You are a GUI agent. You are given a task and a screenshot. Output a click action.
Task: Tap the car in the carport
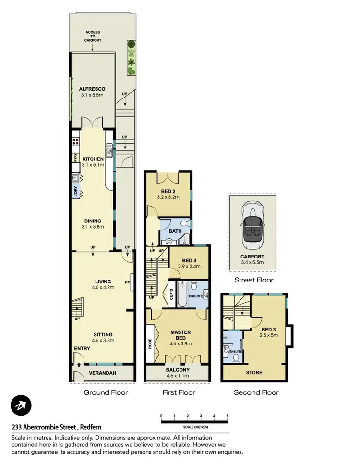coord(252,226)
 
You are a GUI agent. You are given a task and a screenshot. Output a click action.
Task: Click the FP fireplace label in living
coord(127,282)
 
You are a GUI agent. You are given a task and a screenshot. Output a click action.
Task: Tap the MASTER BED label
coord(180,335)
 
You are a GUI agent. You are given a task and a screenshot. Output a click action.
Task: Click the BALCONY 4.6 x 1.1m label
coord(178,373)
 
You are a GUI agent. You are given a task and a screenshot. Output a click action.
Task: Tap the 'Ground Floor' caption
coord(106,392)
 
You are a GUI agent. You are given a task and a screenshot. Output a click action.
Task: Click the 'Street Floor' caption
coord(253,280)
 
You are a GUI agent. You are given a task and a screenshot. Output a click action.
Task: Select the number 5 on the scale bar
coord(227,415)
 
